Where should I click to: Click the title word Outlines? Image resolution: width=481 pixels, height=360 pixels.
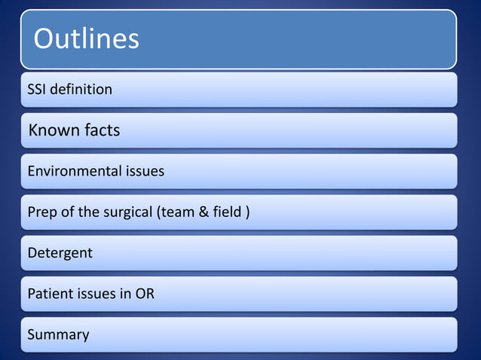86,38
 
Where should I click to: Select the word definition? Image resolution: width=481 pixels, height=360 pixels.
82,90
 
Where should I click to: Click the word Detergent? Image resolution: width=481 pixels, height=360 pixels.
60,253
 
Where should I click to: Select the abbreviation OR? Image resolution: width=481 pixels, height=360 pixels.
145,294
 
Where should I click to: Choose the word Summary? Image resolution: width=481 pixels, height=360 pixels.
58,334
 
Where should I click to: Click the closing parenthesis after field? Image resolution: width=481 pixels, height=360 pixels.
247,212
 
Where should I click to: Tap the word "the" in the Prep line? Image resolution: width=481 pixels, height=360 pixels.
89,212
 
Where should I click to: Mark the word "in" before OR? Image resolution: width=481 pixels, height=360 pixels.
125,294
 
